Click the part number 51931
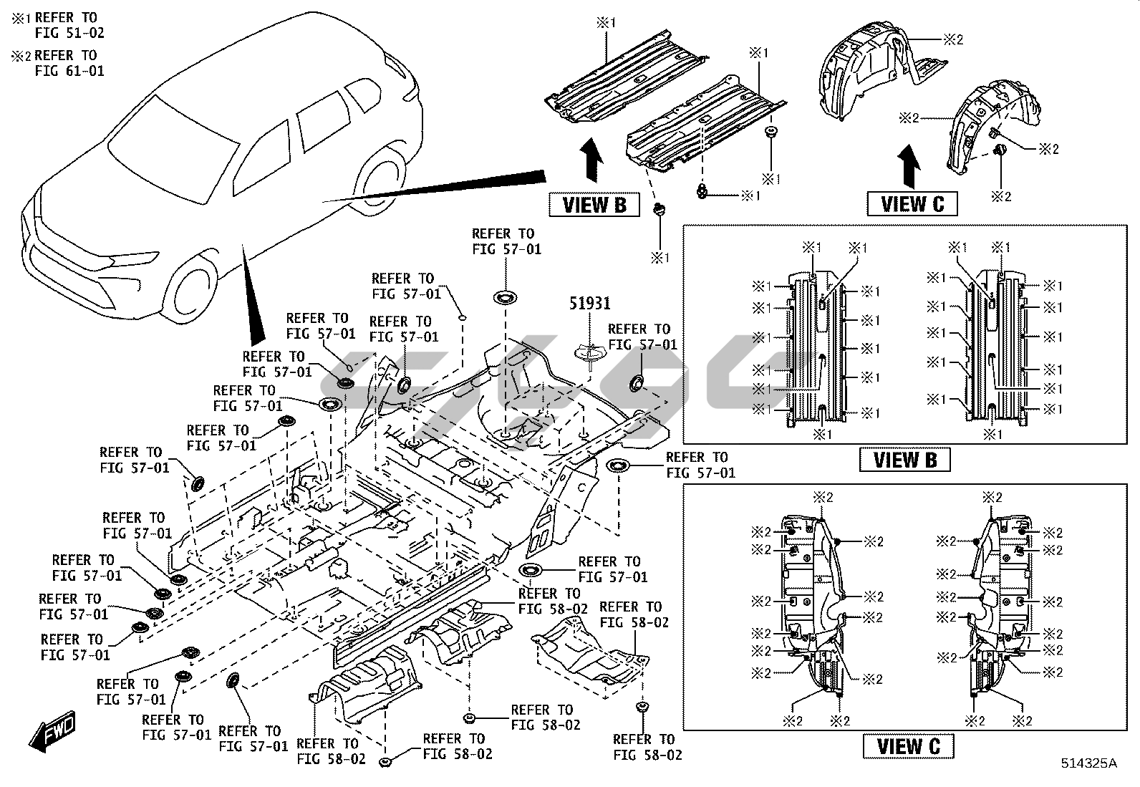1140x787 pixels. pos(589,304)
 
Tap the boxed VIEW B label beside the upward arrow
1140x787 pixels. pos(594,205)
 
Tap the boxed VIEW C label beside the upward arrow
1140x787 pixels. pos(912,204)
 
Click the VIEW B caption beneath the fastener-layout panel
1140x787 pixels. pos(904,460)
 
